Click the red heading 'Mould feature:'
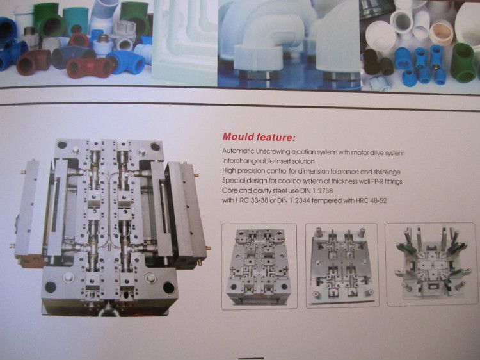click(259, 136)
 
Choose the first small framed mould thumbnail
click(259, 266)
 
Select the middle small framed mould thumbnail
click(342, 266)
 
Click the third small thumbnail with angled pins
click(431, 264)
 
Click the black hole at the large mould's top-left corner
click(62, 145)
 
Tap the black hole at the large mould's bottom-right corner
click(169, 288)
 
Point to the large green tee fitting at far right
click(464, 63)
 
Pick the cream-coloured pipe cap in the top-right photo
click(440, 33)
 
